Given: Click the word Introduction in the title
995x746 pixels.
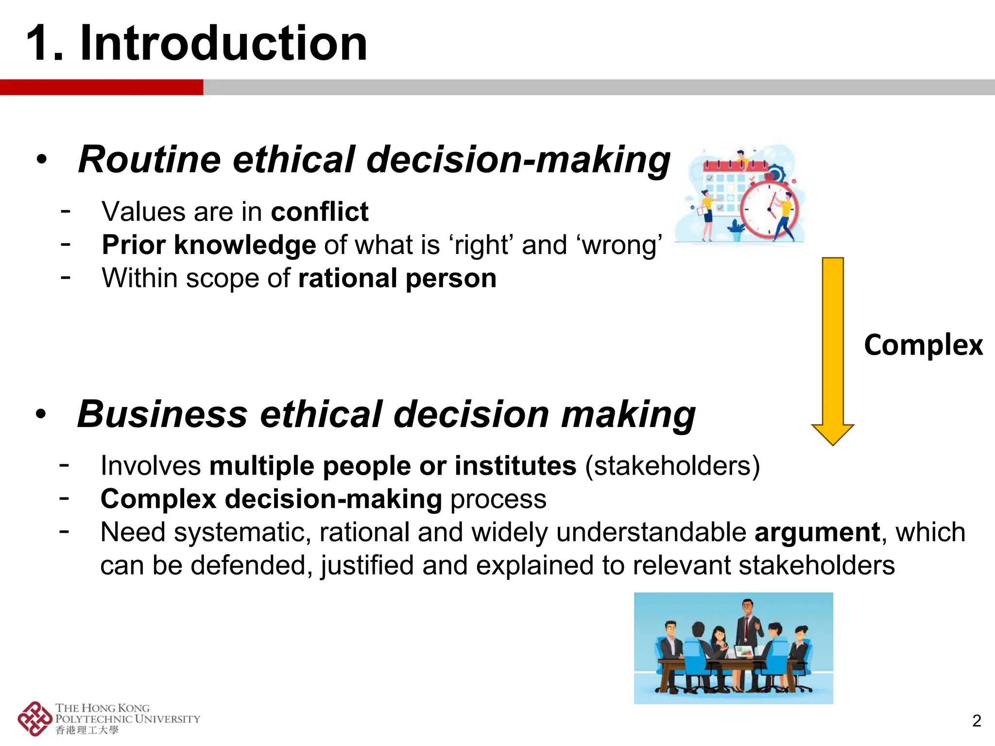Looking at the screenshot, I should coord(223,44).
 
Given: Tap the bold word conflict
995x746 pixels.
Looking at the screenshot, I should coord(320,212).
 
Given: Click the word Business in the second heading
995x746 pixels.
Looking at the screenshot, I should coord(162,414).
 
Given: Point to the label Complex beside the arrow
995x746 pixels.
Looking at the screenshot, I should coord(923,345).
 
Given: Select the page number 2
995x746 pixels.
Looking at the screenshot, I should coord(977,721).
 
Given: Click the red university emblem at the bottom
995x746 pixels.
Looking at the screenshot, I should coord(34,718).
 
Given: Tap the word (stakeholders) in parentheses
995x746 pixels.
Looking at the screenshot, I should coord(672,466).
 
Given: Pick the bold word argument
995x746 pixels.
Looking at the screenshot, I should coord(817,532).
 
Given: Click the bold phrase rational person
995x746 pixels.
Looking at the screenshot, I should coord(397,278).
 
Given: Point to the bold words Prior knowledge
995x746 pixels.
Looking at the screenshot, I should coord(209,245).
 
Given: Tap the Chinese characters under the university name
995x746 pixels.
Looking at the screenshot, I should coord(87,730).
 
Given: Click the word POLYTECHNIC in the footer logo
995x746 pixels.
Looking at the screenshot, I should coord(94,719).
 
